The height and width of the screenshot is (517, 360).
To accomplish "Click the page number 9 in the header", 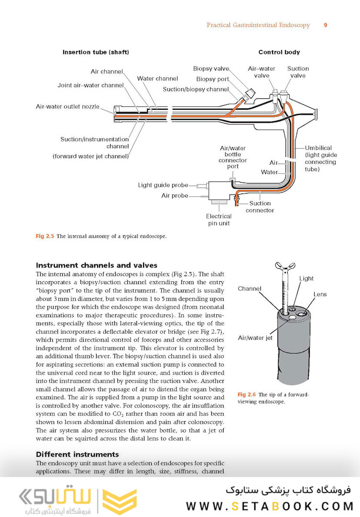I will click(x=326, y=25).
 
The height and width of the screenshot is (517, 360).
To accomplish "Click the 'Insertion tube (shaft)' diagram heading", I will click(x=96, y=52).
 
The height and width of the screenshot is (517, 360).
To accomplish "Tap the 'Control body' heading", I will click(x=279, y=52).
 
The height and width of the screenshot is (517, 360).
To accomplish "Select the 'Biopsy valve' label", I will click(x=211, y=69).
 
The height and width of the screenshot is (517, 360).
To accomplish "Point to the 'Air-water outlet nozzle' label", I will click(x=67, y=106).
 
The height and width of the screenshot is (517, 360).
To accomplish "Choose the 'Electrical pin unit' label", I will click(x=219, y=219).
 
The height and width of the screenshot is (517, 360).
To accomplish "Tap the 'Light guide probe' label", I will click(x=160, y=185).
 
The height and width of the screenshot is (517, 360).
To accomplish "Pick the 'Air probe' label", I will click(x=175, y=195).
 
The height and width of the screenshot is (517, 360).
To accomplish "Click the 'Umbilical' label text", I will click(x=318, y=148).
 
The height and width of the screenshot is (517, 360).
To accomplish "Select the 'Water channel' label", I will click(x=157, y=79).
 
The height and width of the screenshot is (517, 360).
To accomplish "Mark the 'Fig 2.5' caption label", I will click(x=45, y=236).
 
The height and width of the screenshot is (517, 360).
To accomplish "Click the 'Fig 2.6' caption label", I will click(x=247, y=394).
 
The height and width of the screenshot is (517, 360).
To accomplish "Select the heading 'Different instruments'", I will click(x=78, y=454).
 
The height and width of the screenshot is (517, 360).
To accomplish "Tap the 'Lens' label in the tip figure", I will click(x=320, y=294).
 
